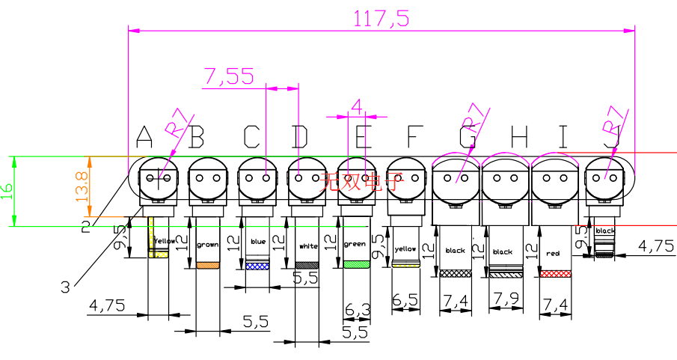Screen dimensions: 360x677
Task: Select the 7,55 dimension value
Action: (x=228, y=76)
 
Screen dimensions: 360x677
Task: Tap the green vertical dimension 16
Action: (x=7, y=192)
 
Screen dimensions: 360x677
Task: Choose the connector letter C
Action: (x=251, y=137)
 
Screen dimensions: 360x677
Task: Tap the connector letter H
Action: (x=520, y=137)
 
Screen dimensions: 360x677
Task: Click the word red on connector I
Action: (x=554, y=253)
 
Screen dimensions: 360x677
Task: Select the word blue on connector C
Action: (x=258, y=242)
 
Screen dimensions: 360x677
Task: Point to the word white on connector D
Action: (x=308, y=245)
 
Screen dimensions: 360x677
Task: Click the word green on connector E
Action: (x=355, y=244)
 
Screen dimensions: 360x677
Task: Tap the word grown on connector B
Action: (x=207, y=245)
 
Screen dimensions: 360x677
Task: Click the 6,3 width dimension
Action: (x=357, y=308)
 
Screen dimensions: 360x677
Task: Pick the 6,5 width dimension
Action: (x=405, y=299)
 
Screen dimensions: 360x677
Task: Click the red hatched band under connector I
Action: (x=555, y=274)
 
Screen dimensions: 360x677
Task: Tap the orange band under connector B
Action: (x=207, y=266)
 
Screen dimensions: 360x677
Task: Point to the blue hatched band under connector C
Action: (x=257, y=266)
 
